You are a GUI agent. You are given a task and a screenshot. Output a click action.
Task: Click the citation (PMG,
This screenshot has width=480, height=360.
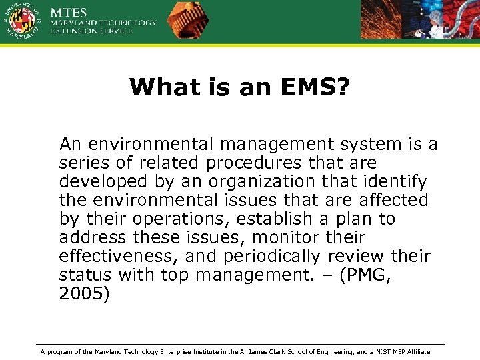click(x=365, y=275)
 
